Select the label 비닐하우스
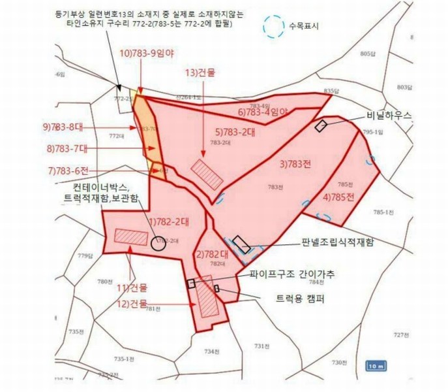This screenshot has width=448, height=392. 390,115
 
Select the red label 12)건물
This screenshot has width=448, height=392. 134,304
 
